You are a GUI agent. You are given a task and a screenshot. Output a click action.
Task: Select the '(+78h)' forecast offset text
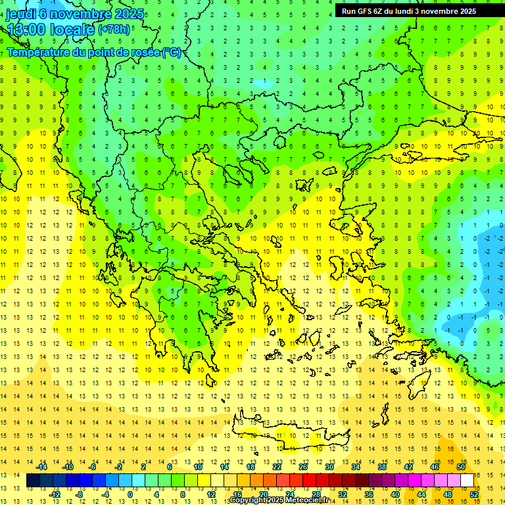(114, 30)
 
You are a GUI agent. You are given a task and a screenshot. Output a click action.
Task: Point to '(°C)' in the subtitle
(172, 52)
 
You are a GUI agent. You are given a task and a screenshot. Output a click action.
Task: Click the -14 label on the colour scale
(41, 467)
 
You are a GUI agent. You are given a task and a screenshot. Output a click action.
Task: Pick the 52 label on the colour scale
(473, 494)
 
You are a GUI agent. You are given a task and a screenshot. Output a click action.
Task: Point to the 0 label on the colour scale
(130, 494)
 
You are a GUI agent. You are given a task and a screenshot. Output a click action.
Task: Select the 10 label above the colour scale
(197, 467)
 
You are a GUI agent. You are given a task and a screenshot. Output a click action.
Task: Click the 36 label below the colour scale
(368, 494)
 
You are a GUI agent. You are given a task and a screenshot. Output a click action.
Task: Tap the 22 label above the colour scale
(277, 467)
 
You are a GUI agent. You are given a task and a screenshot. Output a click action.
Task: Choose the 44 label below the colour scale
(421, 494)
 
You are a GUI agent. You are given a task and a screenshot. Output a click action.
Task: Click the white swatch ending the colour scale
(468, 481)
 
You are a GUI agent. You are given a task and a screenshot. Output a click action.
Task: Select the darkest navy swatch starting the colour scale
(33, 481)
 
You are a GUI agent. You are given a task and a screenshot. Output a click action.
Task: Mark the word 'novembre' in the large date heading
(79, 14)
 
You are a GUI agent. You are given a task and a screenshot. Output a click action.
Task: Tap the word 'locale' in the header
(74, 30)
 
